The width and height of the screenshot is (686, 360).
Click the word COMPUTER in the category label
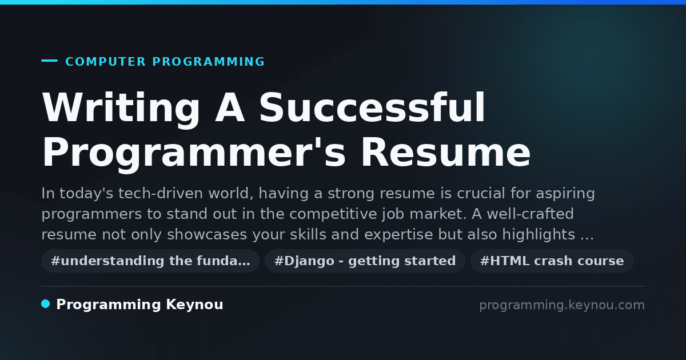click(105, 62)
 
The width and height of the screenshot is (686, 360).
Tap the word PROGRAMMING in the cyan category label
click(208, 62)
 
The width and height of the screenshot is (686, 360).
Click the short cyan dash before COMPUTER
click(49, 61)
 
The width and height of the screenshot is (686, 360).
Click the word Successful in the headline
click(372, 107)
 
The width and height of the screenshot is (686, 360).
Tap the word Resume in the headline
click(446, 153)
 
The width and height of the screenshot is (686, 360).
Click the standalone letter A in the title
click(230, 107)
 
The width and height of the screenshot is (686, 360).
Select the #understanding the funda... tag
click(150, 261)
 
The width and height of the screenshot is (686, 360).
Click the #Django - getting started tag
click(365, 261)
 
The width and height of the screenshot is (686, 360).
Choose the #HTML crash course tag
click(552, 261)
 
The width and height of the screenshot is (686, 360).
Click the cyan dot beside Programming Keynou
click(46, 304)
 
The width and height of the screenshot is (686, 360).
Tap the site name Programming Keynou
click(139, 305)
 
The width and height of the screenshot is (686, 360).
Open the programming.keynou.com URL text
click(562, 305)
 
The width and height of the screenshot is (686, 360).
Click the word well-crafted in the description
click(530, 214)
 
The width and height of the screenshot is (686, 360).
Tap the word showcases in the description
click(207, 235)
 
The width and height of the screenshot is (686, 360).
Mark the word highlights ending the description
click(539, 235)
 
